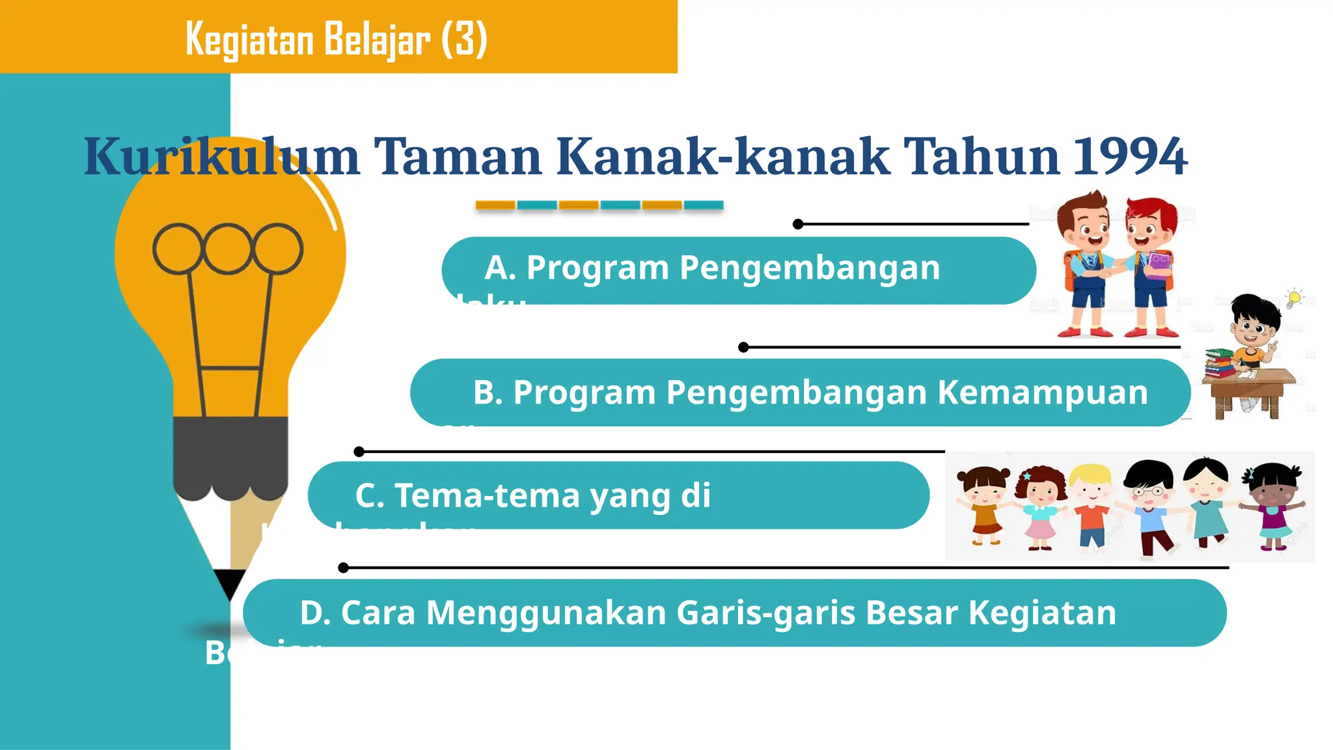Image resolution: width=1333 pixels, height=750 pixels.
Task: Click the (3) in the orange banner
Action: (464, 39)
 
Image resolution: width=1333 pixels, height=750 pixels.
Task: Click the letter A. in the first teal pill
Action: (500, 268)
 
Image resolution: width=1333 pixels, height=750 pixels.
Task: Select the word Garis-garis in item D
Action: (765, 613)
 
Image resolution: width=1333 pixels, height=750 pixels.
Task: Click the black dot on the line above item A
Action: (798, 224)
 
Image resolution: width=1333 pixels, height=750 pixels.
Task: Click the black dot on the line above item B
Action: (743, 347)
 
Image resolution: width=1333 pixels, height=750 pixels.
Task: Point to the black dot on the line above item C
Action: (359, 451)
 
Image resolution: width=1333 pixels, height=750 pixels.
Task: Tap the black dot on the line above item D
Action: (344, 568)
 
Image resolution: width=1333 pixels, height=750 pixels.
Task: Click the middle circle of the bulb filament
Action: (227, 249)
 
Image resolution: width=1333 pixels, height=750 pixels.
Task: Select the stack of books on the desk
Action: (1219, 363)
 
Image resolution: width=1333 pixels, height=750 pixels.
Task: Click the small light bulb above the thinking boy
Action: (1294, 298)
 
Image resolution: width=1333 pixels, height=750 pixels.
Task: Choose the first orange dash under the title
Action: (495, 205)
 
